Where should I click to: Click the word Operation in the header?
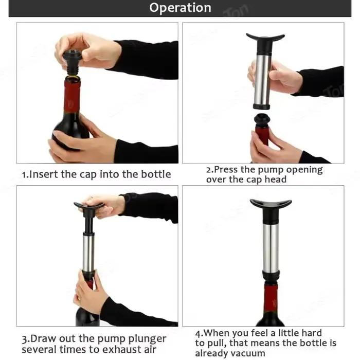[x=180, y=8]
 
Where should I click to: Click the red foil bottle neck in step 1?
[x=72, y=96]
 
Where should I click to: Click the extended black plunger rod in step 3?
[x=88, y=223]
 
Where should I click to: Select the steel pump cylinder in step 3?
[x=88, y=253]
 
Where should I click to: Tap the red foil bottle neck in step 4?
[x=271, y=298]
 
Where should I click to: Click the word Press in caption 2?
[x=226, y=170]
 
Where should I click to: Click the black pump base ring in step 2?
[x=262, y=106]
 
